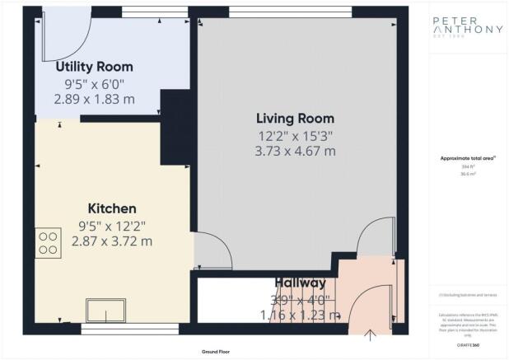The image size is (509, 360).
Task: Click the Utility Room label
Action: pyautogui.click(x=94, y=67)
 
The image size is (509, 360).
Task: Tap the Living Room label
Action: pyautogui.click(x=284, y=118)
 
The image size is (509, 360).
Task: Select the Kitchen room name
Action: pyautogui.click(x=112, y=208)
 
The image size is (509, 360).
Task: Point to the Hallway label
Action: pyautogui.click(x=301, y=283)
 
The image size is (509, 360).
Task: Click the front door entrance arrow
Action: pyautogui.click(x=370, y=334)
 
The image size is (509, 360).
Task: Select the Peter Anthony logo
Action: pyautogui.click(x=467, y=30)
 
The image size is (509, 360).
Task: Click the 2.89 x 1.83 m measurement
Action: pyautogui.click(x=94, y=100)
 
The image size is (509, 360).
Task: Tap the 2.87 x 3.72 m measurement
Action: pyautogui.click(x=112, y=241)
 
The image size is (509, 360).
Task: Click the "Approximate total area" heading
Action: pyautogui.click(x=467, y=159)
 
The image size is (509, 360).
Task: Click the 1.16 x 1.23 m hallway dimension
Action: pyautogui.click(x=301, y=315)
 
